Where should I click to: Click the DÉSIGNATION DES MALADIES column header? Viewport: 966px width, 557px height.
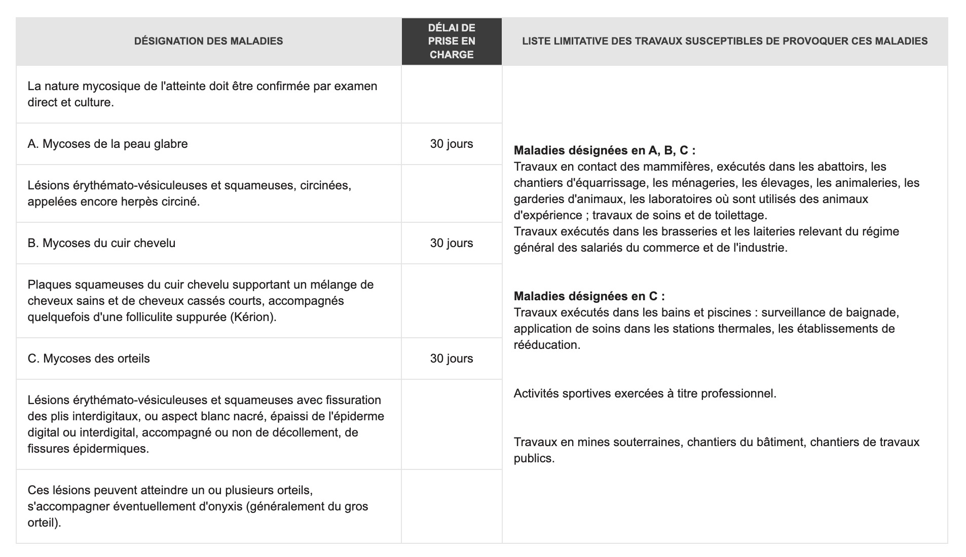(x=208, y=41)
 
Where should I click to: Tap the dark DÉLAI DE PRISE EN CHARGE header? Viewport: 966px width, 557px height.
(x=452, y=41)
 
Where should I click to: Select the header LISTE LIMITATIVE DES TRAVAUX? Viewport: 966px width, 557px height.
(x=725, y=41)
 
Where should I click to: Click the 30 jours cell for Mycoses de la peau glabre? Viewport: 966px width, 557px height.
(x=452, y=144)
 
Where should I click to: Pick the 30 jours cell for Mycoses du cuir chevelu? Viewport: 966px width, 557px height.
(x=452, y=243)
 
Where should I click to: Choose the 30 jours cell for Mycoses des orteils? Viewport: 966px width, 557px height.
(x=452, y=359)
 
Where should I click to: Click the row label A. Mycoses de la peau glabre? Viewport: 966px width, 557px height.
(x=107, y=144)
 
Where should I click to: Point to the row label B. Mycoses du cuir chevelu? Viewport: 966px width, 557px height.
(x=101, y=243)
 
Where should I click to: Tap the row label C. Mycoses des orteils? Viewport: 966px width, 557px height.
(x=89, y=359)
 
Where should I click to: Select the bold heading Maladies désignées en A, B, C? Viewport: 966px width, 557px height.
(x=604, y=150)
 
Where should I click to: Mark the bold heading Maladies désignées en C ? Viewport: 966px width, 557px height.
(x=589, y=296)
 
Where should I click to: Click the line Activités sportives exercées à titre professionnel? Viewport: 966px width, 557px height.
(x=645, y=393)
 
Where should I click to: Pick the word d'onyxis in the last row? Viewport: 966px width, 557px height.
(x=219, y=506)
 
